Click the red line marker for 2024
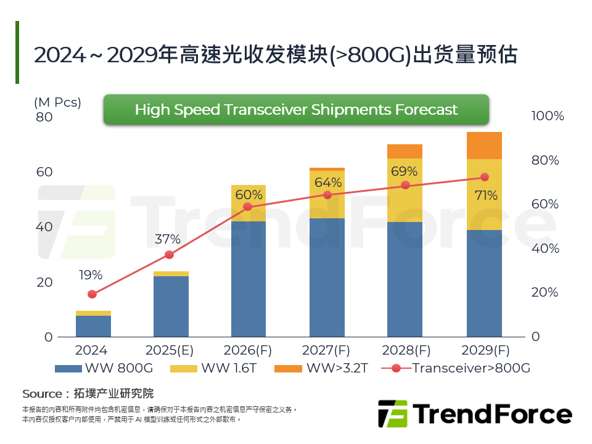92,294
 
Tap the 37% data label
167,239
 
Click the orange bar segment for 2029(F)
484,146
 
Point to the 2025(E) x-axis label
170,351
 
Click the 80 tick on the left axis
44,117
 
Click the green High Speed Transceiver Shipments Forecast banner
296,110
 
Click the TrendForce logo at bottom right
474,413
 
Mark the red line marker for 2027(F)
327,195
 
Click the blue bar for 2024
93,326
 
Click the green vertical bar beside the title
17,52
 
